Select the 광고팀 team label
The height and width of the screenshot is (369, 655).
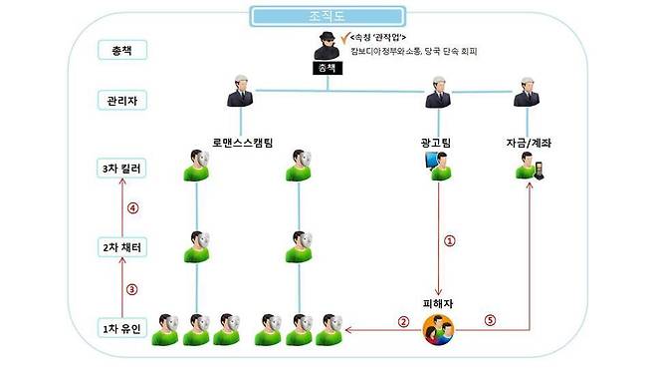coord(437,143)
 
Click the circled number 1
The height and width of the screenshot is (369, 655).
coord(449,241)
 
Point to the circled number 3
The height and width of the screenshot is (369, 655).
coord(130,289)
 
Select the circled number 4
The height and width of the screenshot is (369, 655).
coord(130,208)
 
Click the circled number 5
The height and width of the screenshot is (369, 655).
coord(489,320)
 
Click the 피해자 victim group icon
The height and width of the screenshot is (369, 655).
coord(438,327)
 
